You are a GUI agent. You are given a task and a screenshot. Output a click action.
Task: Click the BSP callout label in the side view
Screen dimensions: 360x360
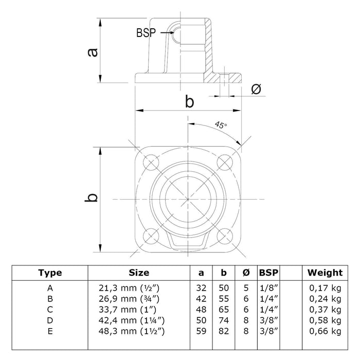click(x=147, y=32)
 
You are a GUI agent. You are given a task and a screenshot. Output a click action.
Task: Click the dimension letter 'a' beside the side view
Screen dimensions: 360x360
click(x=92, y=51)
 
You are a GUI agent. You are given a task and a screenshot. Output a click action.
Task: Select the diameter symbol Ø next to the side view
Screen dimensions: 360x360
click(x=256, y=89)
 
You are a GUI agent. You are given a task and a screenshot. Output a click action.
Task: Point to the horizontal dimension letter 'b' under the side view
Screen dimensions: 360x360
click(x=189, y=102)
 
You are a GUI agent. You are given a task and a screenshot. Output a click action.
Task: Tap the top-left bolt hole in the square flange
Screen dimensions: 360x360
click(x=152, y=162)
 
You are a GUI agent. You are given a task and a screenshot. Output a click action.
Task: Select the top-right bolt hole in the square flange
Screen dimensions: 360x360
click(x=225, y=162)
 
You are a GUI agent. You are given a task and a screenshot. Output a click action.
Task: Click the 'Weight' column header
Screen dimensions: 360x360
click(x=325, y=273)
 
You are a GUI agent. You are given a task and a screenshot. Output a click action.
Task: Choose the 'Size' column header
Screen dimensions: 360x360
click(x=139, y=273)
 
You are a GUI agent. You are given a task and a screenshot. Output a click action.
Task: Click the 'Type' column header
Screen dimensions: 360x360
click(x=50, y=273)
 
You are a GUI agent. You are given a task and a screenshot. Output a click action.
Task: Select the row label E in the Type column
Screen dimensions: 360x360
click(x=50, y=331)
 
